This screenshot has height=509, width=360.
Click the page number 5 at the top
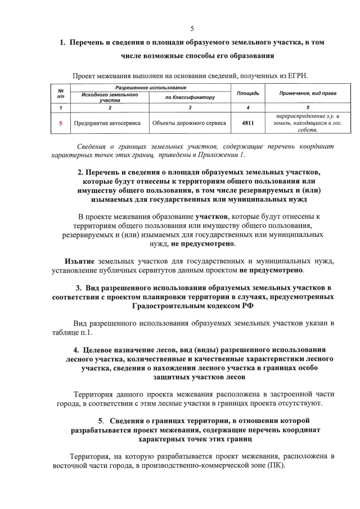(192, 29)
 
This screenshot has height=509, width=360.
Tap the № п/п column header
(60, 93)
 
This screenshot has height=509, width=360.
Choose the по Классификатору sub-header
(190, 97)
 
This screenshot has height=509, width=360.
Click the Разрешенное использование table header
(151, 88)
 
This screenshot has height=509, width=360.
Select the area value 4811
(247, 122)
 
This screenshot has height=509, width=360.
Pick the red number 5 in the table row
(60, 122)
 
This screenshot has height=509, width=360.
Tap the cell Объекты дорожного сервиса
(189, 122)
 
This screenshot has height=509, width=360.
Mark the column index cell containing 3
(190, 107)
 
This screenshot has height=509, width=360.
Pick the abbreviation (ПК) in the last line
(275, 466)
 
